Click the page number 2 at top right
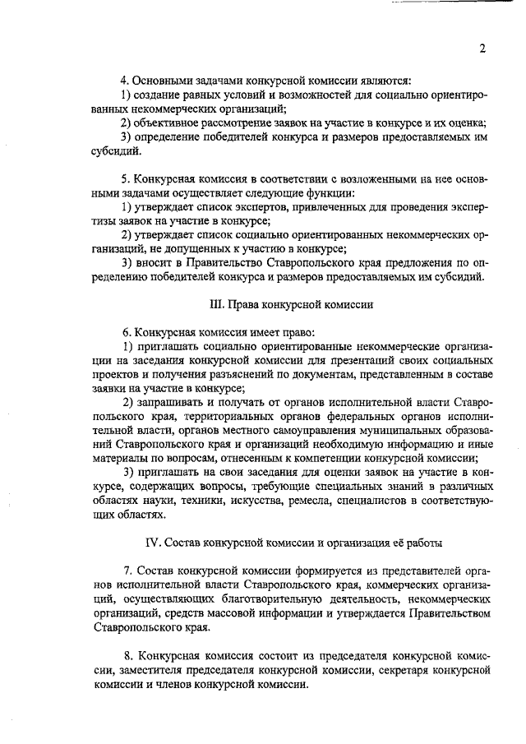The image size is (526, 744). [x=482, y=49]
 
